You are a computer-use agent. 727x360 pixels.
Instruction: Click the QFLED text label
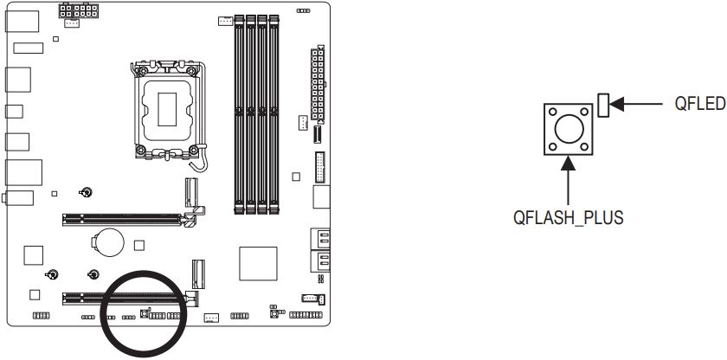coord(699,105)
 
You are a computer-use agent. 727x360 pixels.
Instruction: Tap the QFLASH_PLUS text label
coord(568,217)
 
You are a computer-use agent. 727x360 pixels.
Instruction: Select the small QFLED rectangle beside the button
coord(604,105)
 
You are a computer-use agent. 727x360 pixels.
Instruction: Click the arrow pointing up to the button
coord(568,177)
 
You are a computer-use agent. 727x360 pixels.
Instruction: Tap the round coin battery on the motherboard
coord(110,240)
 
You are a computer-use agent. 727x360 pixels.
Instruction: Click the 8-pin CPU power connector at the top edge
coord(79,13)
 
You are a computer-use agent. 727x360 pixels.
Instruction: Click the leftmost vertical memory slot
coord(240,112)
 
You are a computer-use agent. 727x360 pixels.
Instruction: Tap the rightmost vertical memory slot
coord(273,112)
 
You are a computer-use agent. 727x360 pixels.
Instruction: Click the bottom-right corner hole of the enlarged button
coord(586,148)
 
